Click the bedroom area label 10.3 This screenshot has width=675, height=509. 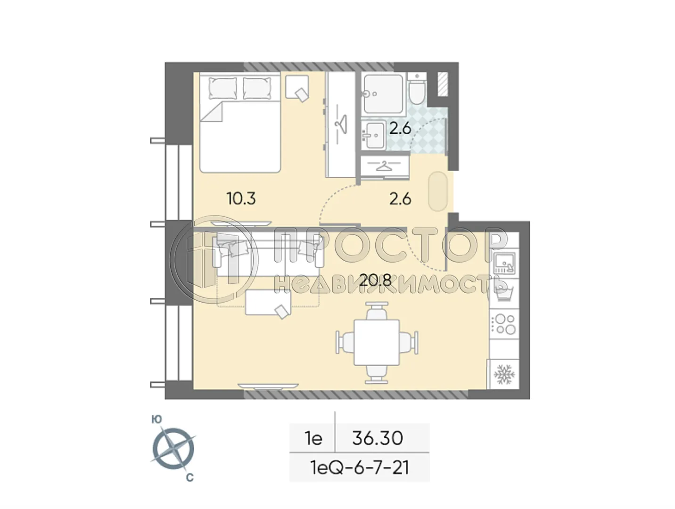(241, 198)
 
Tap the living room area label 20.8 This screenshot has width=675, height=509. (375, 281)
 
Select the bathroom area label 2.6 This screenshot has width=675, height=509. (400, 128)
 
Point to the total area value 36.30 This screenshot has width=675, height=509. (378, 438)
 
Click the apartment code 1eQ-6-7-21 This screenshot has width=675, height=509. (359, 468)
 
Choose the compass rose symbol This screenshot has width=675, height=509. (173, 448)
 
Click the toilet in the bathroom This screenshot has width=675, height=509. (417, 90)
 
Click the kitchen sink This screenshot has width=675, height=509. (504, 263)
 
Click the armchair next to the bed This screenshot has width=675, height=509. (297, 88)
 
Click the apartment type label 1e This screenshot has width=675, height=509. (313, 438)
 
